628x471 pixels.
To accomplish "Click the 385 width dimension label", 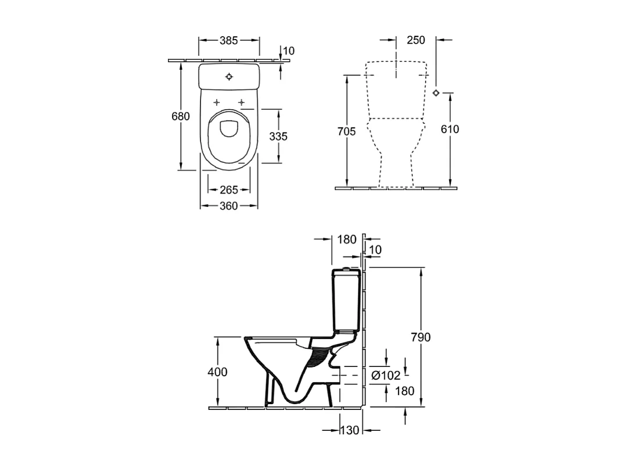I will coord(229,40).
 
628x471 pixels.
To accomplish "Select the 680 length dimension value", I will coord(181,116).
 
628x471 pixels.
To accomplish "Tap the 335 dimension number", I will coord(278,136).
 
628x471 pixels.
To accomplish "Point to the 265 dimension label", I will coord(229,190).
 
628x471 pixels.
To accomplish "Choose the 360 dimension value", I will coord(229,206).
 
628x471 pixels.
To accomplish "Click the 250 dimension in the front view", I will coord(415,40).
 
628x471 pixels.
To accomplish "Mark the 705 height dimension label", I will coord(346,131).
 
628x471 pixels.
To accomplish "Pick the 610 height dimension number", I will coord(450,129).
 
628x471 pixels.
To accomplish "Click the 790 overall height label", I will coord(420,337).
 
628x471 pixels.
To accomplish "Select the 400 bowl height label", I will coord(218,372).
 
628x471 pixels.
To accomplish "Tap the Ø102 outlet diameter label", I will coord(386,376).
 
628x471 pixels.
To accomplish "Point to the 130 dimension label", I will coord(350,430).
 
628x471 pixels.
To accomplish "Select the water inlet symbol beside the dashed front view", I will coord(436,93).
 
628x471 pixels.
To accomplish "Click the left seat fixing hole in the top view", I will coord(217,102).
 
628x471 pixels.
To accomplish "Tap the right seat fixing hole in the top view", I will coord(241,102).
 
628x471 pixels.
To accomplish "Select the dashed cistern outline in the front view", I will coord(396,90).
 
